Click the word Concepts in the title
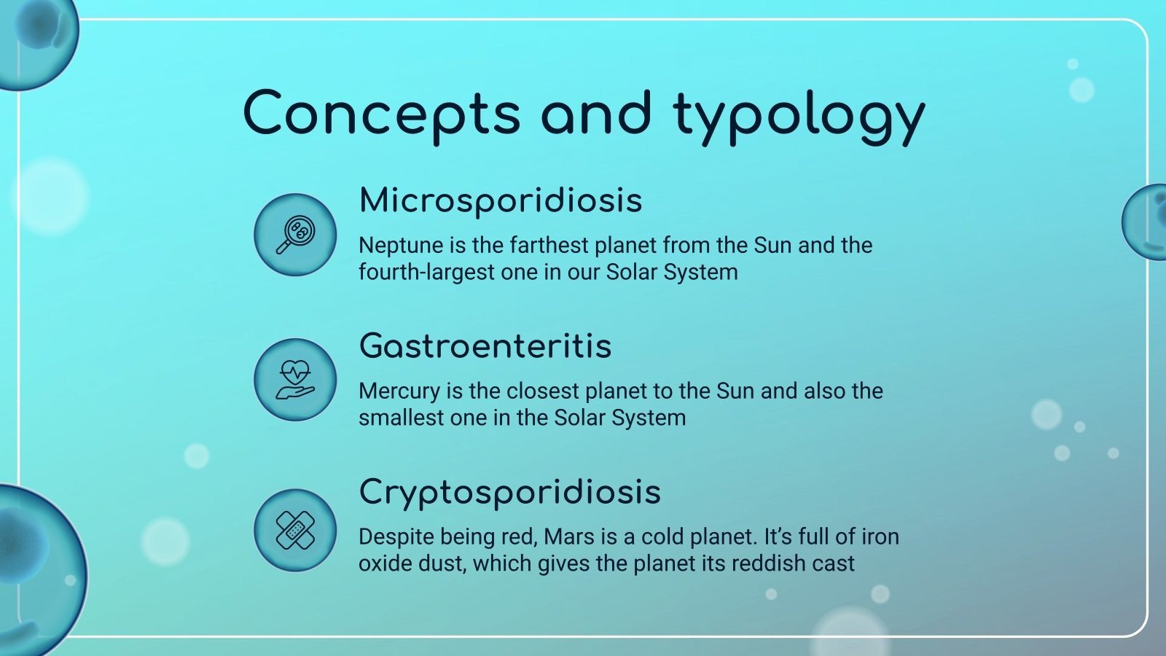pos(381,114)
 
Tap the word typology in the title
pos(799,117)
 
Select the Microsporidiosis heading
pos(501,200)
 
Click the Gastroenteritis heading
pos(485,346)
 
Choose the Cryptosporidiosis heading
pos(509,492)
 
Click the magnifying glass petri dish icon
pos(295,235)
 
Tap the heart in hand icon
pos(295,380)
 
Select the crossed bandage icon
pos(295,530)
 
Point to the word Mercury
pos(399,391)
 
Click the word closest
pos(544,391)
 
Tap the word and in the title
pos(595,114)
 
